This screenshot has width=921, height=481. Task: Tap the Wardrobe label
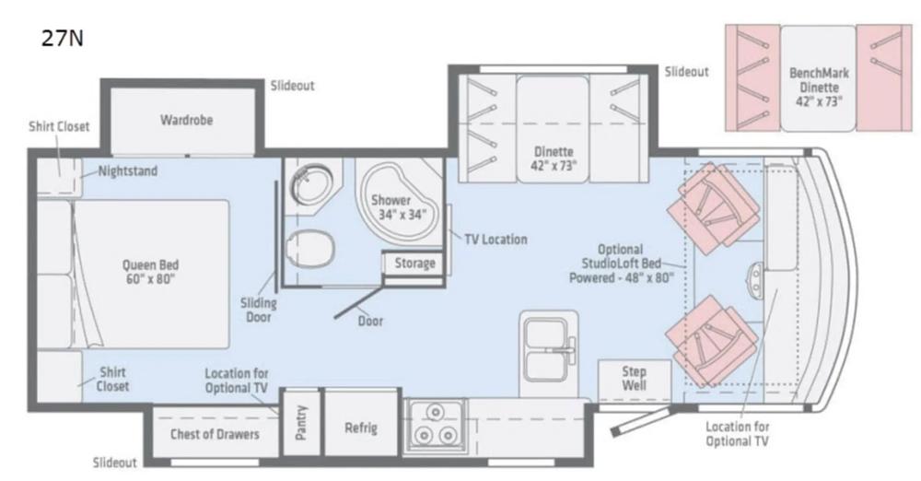181,120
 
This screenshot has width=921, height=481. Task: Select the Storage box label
414,264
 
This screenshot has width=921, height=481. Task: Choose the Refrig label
360,428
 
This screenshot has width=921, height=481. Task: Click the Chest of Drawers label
215,434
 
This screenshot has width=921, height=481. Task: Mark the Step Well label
634,379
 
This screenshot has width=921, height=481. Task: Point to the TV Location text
495,240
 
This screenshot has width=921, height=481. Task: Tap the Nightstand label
127,170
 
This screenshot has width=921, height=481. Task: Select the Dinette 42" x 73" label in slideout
554,158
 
